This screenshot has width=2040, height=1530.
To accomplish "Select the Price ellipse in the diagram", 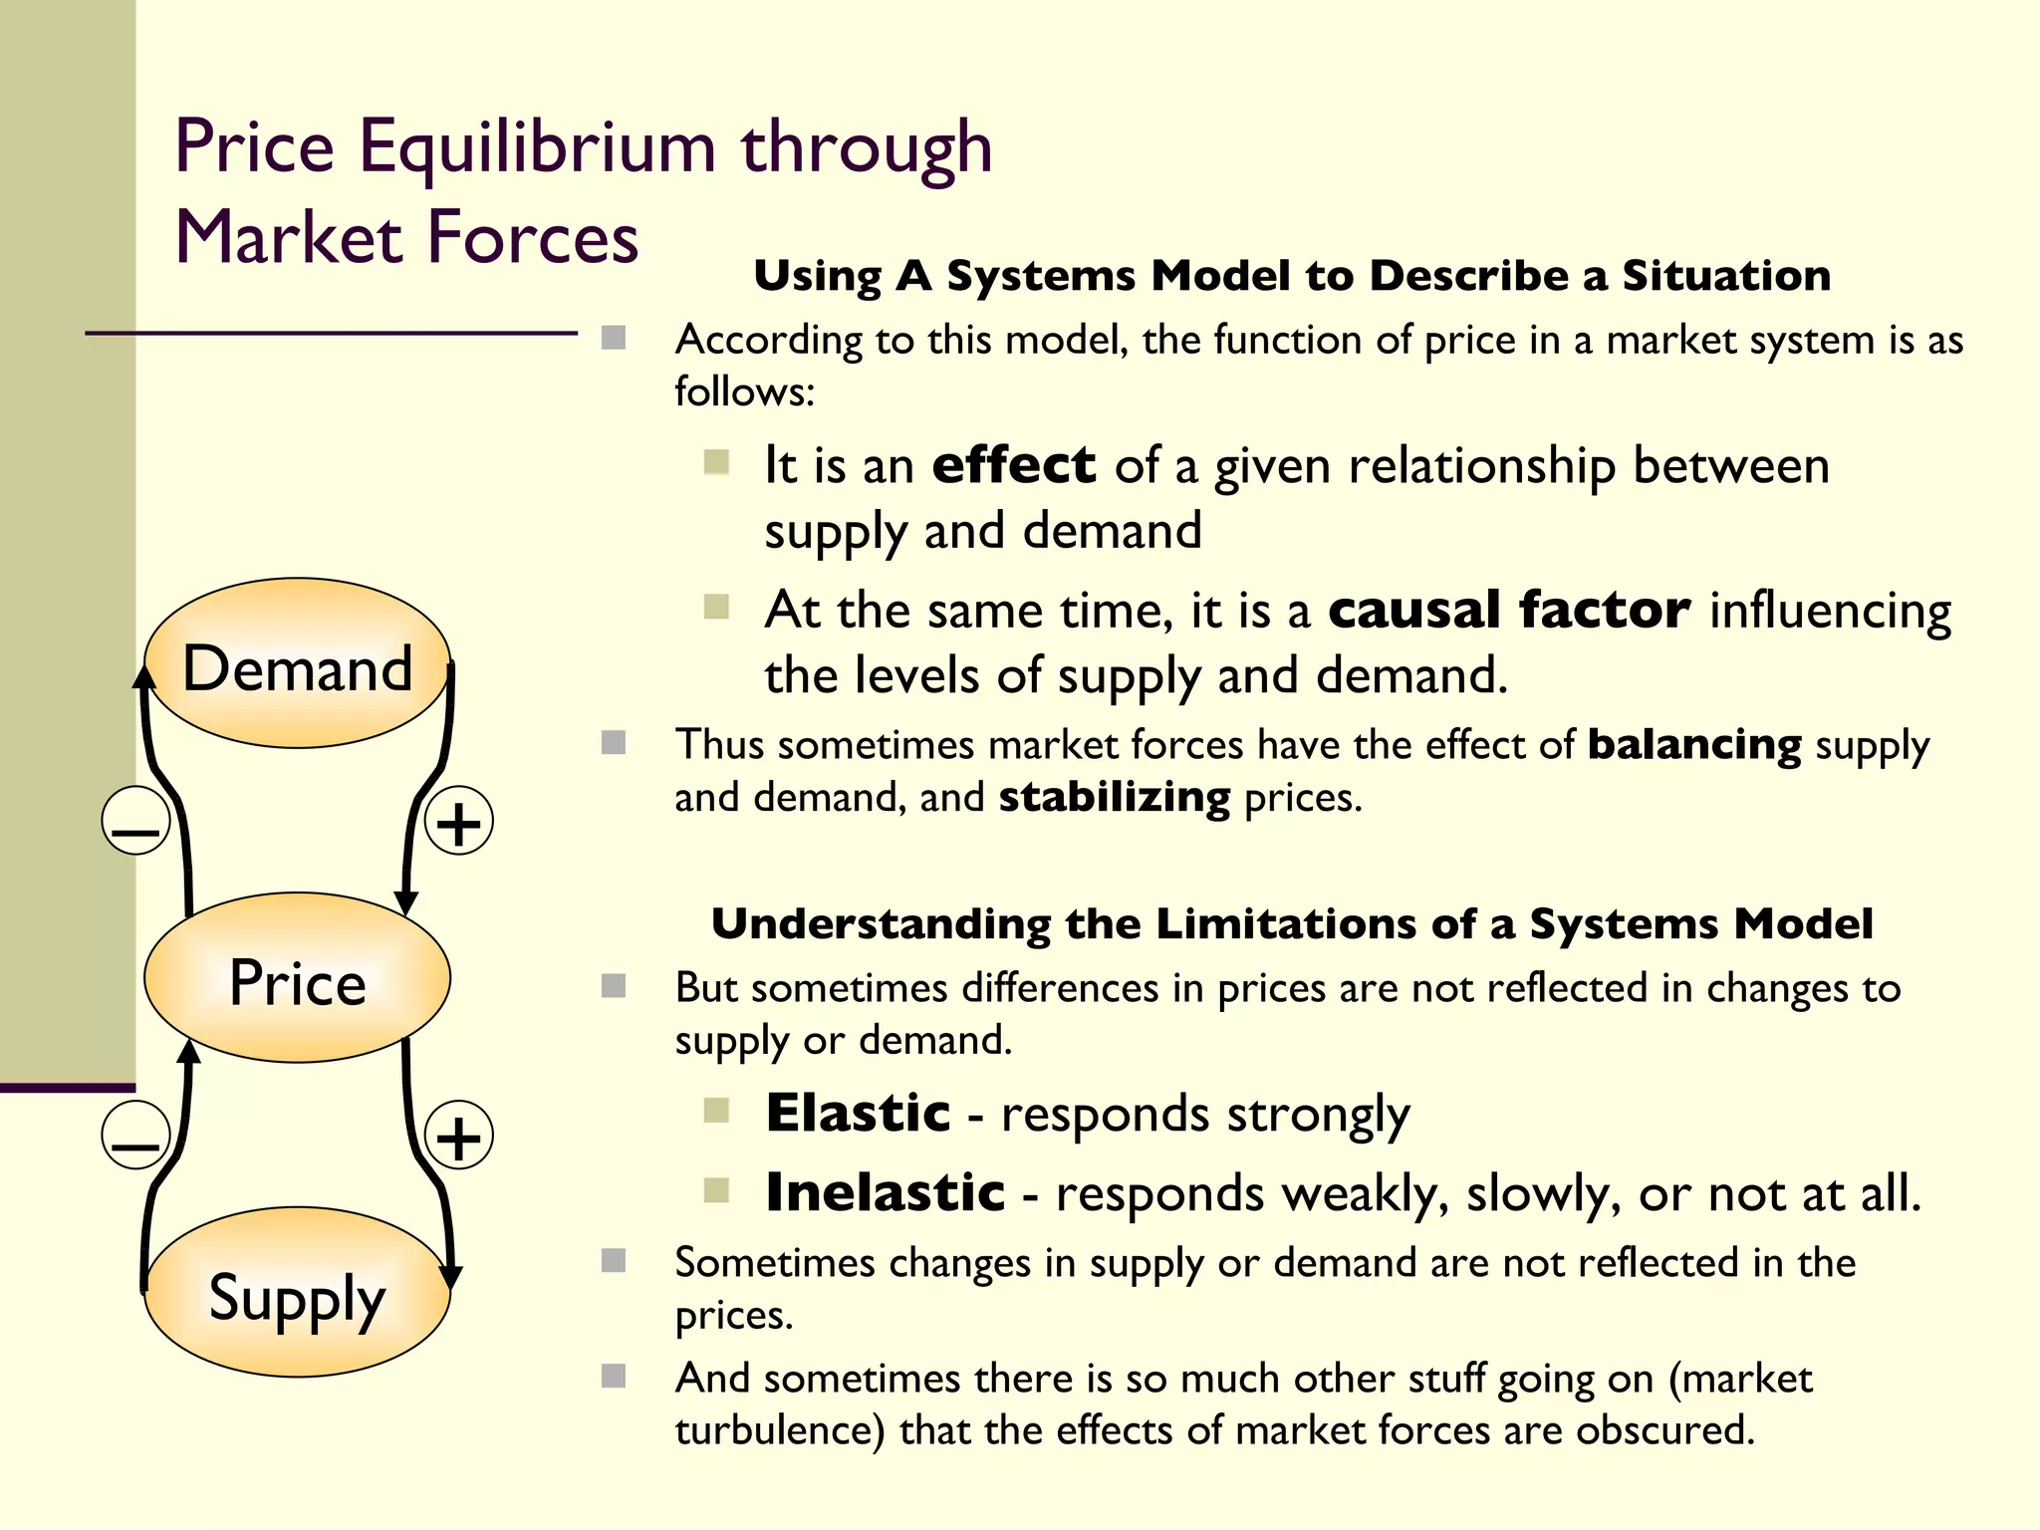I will pyautogui.click(x=297, y=978).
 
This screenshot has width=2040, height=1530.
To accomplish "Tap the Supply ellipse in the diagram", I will pyautogui.click(x=297, y=1293).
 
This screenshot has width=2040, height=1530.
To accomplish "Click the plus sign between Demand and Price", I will pyautogui.click(x=458, y=822).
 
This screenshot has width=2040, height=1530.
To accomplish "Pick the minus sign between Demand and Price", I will pyautogui.click(x=135, y=822).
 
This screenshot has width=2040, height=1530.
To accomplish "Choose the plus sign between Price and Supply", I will pyautogui.click(x=458, y=1137).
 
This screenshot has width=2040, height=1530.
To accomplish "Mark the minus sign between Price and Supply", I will pyautogui.click(x=135, y=1137).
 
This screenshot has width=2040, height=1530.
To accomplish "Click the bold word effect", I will pyautogui.click(x=1013, y=465).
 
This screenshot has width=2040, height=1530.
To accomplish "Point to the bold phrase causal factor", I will pyautogui.click(x=1508, y=610).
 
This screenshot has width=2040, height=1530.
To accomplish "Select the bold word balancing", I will pyautogui.click(x=1693, y=745).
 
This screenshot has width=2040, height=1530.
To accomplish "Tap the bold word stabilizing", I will pyautogui.click(x=1114, y=798).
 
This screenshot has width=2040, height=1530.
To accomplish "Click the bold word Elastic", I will pyautogui.click(x=858, y=1113).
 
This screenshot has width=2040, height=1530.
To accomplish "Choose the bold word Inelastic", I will pyautogui.click(x=885, y=1192).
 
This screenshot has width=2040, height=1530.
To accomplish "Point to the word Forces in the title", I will pyautogui.click(x=533, y=239).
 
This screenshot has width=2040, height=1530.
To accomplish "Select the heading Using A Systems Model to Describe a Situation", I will pyautogui.click(x=1292, y=276).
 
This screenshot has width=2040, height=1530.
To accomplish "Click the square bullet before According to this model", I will pyautogui.click(x=614, y=339).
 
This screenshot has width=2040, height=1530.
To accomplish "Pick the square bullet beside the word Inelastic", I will pyautogui.click(x=716, y=1190).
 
